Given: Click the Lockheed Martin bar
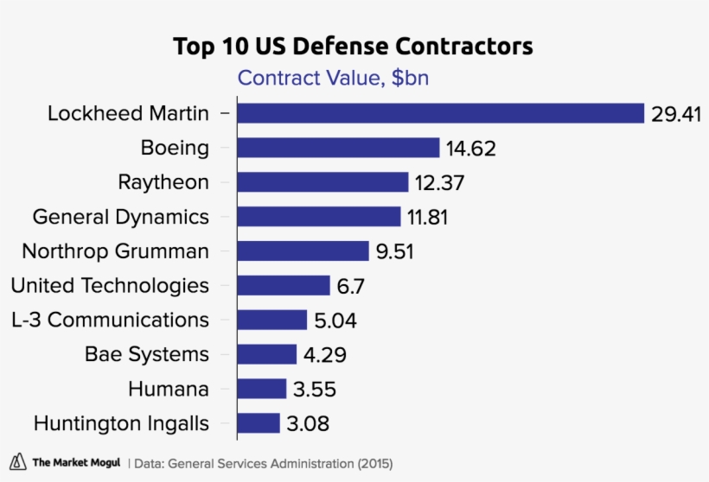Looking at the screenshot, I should pyautogui.click(x=441, y=113).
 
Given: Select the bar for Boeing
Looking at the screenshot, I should pyautogui.click(x=338, y=148).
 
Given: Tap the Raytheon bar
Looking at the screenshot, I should pyautogui.click(x=323, y=182).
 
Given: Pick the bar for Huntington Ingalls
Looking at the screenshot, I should pyautogui.click(x=259, y=423).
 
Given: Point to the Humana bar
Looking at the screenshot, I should pyautogui.click(x=261, y=389).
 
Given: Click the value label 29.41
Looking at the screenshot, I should pyautogui.click(x=676, y=114).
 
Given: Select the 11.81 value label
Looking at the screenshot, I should pyautogui.click(x=428, y=217).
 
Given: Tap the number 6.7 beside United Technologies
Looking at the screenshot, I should pyautogui.click(x=352, y=286).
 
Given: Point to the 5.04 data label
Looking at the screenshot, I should pyautogui.click(x=335, y=320).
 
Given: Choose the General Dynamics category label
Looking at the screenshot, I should pyautogui.click(x=120, y=217).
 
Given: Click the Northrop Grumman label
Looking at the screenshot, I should pyautogui.click(x=115, y=251).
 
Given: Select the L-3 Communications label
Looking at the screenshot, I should pyautogui.click(x=110, y=320).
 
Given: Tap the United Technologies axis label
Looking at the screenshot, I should pyautogui.click(x=110, y=286).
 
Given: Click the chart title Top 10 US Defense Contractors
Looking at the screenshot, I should pyautogui.click(x=353, y=46).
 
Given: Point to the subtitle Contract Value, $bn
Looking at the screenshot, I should pyautogui.click(x=334, y=79).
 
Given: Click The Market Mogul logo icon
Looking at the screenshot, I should pyautogui.click(x=16, y=462).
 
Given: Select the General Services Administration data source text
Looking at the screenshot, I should pyautogui.click(x=259, y=463).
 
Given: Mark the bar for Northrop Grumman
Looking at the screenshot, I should pyautogui.click(x=303, y=251).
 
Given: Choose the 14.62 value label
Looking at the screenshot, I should pyautogui.click(x=471, y=149).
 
